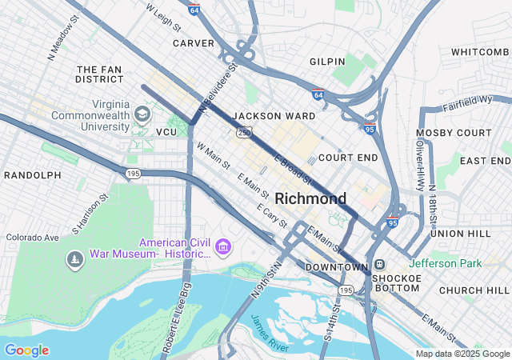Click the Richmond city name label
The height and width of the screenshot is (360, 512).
[310, 198]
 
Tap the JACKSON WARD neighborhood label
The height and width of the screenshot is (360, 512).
[274, 116]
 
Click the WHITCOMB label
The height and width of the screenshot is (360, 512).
[480, 52]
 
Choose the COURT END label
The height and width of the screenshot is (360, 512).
[348, 158]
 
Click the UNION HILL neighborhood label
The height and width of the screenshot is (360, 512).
[458, 234]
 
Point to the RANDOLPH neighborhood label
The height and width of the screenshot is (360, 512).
[33, 175]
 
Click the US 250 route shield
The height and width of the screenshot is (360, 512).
[242, 132]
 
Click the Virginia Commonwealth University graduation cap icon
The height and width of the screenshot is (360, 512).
[142, 114]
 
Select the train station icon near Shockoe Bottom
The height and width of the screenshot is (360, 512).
[380, 266]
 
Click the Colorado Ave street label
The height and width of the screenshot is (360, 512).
[33, 238]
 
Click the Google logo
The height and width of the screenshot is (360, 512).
[26, 350]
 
